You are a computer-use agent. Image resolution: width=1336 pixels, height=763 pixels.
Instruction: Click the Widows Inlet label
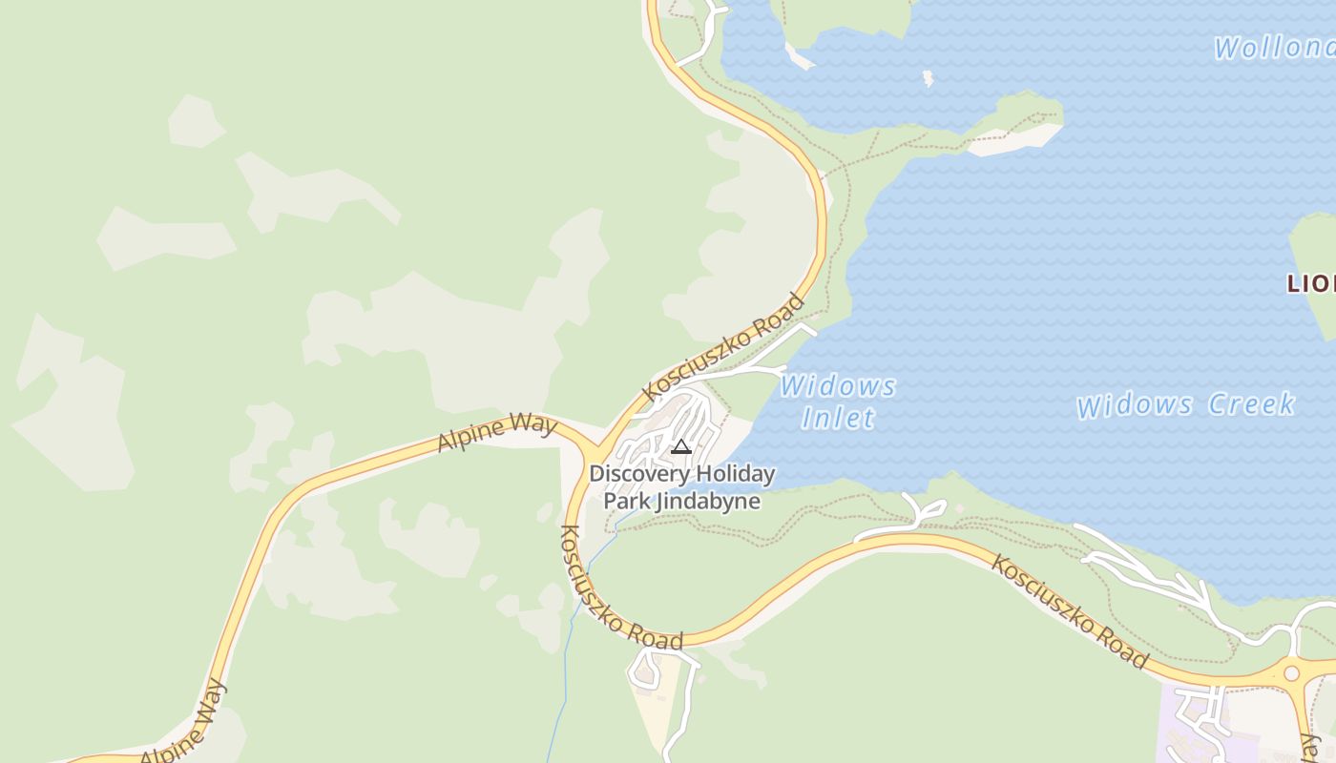coord(838,402)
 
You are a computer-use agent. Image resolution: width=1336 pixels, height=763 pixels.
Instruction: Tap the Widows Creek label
coord(1185,404)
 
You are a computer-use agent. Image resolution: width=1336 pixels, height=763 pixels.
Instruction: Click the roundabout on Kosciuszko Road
coord(1291,673)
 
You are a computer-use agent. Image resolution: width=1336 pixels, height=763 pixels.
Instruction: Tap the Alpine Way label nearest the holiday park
coord(496,431)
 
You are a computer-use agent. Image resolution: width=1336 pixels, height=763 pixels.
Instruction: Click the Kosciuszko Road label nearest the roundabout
coord(1069,610)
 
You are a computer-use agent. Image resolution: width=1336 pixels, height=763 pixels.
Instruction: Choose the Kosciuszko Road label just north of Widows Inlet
coord(724,348)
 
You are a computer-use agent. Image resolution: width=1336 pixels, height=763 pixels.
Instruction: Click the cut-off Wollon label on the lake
coord(1274,48)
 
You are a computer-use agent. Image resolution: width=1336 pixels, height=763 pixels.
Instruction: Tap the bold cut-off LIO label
coord(1310,283)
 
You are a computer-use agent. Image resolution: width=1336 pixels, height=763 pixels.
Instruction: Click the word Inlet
coord(838,418)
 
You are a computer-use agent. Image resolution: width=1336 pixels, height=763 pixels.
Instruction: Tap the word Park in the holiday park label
coord(626,502)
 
